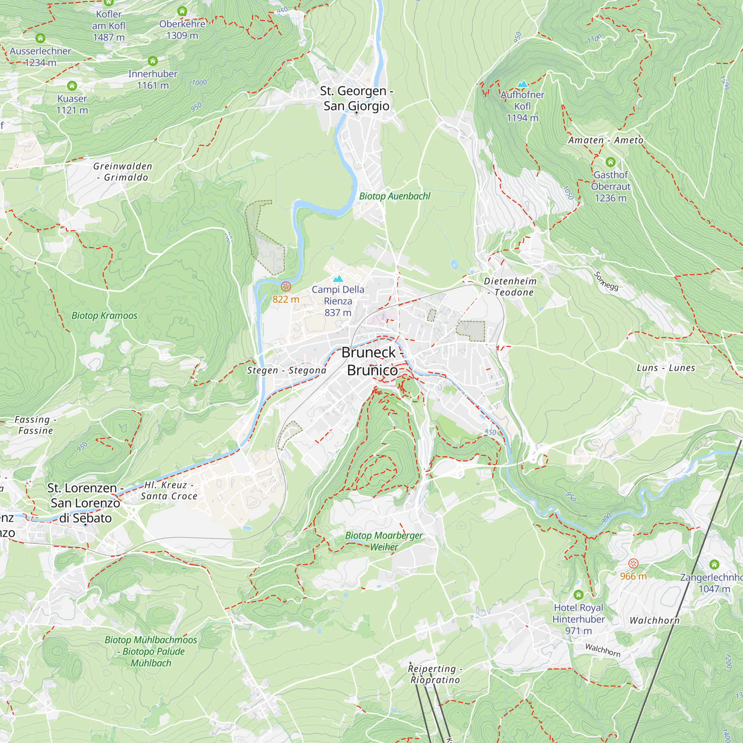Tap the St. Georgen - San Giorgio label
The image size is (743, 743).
[357, 98]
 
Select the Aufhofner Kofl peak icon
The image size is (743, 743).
[522, 84]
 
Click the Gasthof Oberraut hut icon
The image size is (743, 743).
[610, 162]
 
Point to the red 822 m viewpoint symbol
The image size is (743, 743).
[286, 286]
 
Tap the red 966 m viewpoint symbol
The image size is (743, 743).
[633, 564]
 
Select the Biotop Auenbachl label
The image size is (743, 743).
[395, 196]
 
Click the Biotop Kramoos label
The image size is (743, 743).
[104, 316]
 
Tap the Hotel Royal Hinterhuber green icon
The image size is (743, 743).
[578, 595]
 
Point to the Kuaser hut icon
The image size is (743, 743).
[72, 85]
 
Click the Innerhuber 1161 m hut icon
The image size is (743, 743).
[153, 61]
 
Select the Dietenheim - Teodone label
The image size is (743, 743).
[510, 286]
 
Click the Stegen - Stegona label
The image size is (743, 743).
[286, 370]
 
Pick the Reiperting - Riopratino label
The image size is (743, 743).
[435, 674]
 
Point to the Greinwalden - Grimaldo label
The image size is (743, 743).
[123, 172]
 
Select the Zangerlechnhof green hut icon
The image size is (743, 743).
[714, 564]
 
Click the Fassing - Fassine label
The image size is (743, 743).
[35, 425]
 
